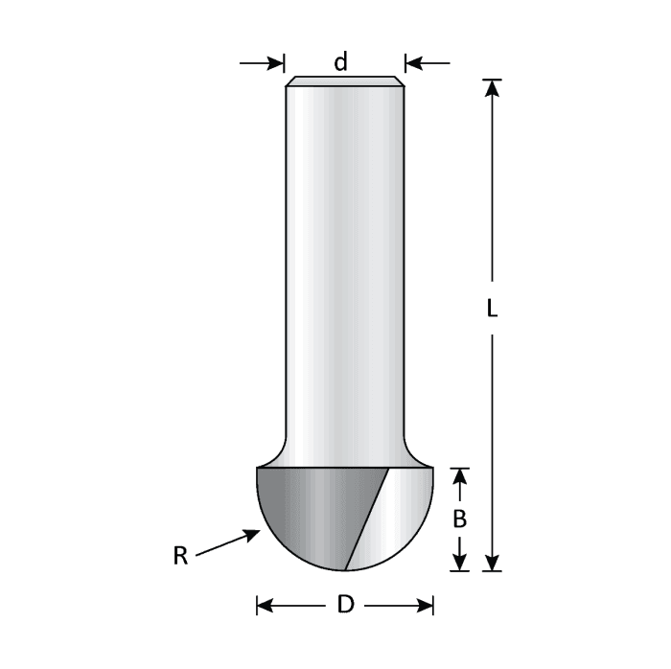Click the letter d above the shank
click(x=340, y=64)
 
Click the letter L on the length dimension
click(x=491, y=311)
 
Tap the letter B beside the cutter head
click(x=460, y=519)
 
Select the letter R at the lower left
click(x=180, y=556)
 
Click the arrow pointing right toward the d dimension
click(x=274, y=64)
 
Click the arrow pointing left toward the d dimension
click(x=415, y=64)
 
